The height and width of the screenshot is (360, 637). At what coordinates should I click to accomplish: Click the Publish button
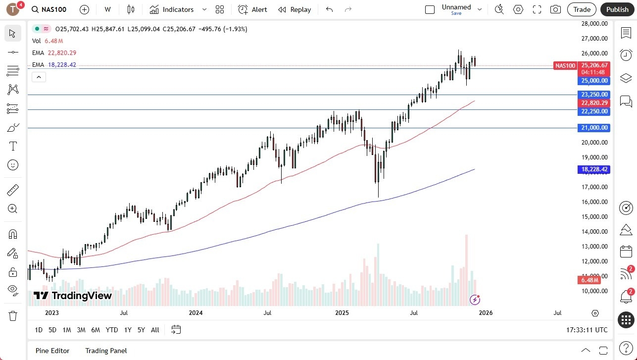(x=617, y=9)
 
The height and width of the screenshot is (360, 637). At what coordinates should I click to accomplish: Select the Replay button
(x=294, y=9)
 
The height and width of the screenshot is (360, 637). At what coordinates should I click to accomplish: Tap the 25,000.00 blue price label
(x=593, y=80)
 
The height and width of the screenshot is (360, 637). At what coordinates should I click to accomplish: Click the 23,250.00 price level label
(x=593, y=94)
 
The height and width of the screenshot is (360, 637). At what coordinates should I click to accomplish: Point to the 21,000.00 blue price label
(x=593, y=128)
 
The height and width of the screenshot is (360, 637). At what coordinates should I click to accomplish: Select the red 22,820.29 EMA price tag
(x=593, y=103)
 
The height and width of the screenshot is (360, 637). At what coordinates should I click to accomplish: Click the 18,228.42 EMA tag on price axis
(x=593, y=169)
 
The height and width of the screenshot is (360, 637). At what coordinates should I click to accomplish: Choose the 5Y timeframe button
(x=141, y=330)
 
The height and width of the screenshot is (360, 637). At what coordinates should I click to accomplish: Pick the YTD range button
(x=112, y=330)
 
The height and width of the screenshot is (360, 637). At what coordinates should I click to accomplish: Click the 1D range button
(x=39, y=330)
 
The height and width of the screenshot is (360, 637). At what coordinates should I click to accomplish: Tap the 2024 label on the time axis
(x=196, y=313)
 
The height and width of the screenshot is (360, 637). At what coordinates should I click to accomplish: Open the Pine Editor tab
(x=52, y=351)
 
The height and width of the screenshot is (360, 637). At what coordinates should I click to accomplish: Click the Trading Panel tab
(x=106, y=351)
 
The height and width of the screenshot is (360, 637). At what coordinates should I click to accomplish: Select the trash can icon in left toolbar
(x=13, y=315)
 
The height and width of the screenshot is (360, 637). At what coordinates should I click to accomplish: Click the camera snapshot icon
(x=555, y=9)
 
